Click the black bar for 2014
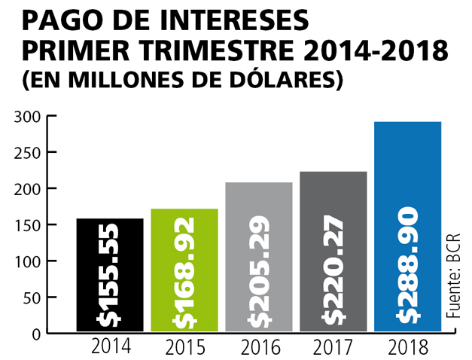click(x=110, y=274)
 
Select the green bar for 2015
click(x=184, y=270)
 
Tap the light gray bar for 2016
click(x=259, y=256)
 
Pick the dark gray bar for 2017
click(x=333, y=251)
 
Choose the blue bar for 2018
click(x=407, y=226)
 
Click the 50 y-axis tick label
click(x=32, y=297)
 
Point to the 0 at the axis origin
click(x=37, y=333)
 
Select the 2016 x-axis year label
click(x=260, y=349)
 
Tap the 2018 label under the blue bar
click(x=409, y=349)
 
